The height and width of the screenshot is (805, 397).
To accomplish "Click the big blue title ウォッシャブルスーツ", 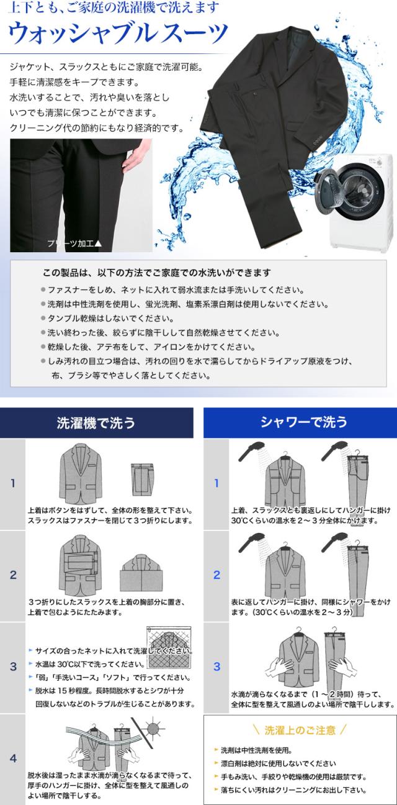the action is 118,34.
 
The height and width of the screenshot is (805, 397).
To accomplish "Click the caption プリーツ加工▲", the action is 74,243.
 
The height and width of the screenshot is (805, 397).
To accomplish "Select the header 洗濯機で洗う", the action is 96,422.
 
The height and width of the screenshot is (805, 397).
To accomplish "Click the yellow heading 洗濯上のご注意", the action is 300,730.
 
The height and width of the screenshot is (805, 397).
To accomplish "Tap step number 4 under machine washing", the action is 13,758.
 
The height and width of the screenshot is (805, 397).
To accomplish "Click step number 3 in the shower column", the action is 217,666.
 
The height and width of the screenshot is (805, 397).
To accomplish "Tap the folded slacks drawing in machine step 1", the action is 142,480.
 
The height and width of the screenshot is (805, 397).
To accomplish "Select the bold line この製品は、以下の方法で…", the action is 156,273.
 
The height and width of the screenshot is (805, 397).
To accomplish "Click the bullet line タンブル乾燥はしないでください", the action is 107,319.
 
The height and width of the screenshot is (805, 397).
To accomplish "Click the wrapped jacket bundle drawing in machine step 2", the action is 141,573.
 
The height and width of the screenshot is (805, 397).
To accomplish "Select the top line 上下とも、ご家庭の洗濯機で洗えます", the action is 114,8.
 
